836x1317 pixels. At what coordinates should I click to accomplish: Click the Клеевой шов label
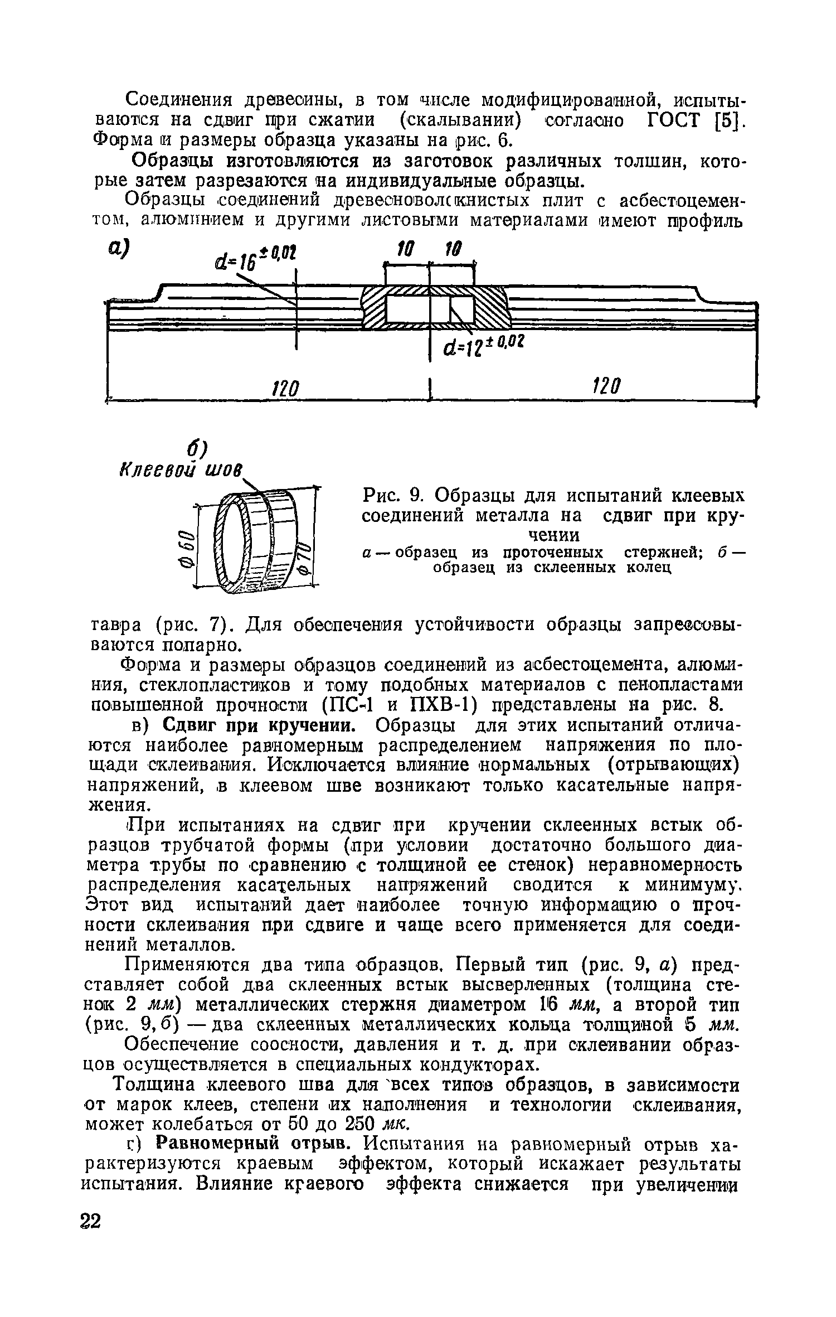click(182, 468)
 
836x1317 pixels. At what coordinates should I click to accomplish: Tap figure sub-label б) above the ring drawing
click(197, 446)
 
